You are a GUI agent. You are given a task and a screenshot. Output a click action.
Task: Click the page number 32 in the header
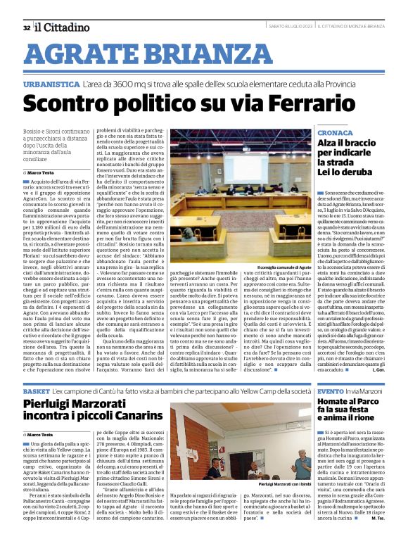click(x=27, y=28)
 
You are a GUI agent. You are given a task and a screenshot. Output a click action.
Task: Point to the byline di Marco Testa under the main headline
click(x=39, y=172)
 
